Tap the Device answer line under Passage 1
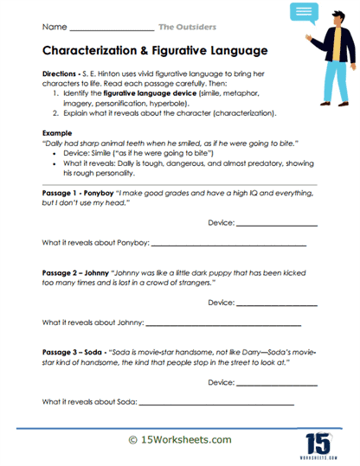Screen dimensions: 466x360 [x=276, y=247]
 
